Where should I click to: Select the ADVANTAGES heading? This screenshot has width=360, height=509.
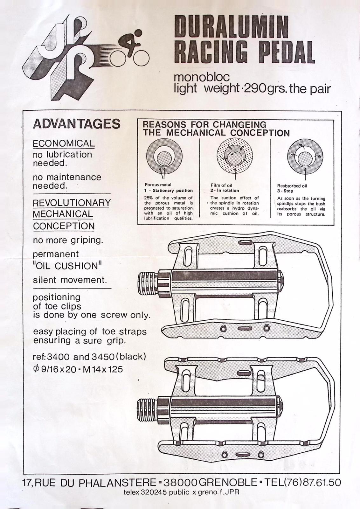point(76,124)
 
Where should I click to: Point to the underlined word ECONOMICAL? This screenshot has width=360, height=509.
point(64,143)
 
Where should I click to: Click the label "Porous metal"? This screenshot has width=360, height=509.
point(158,185)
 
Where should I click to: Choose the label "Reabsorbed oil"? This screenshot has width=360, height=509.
point(292,186)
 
